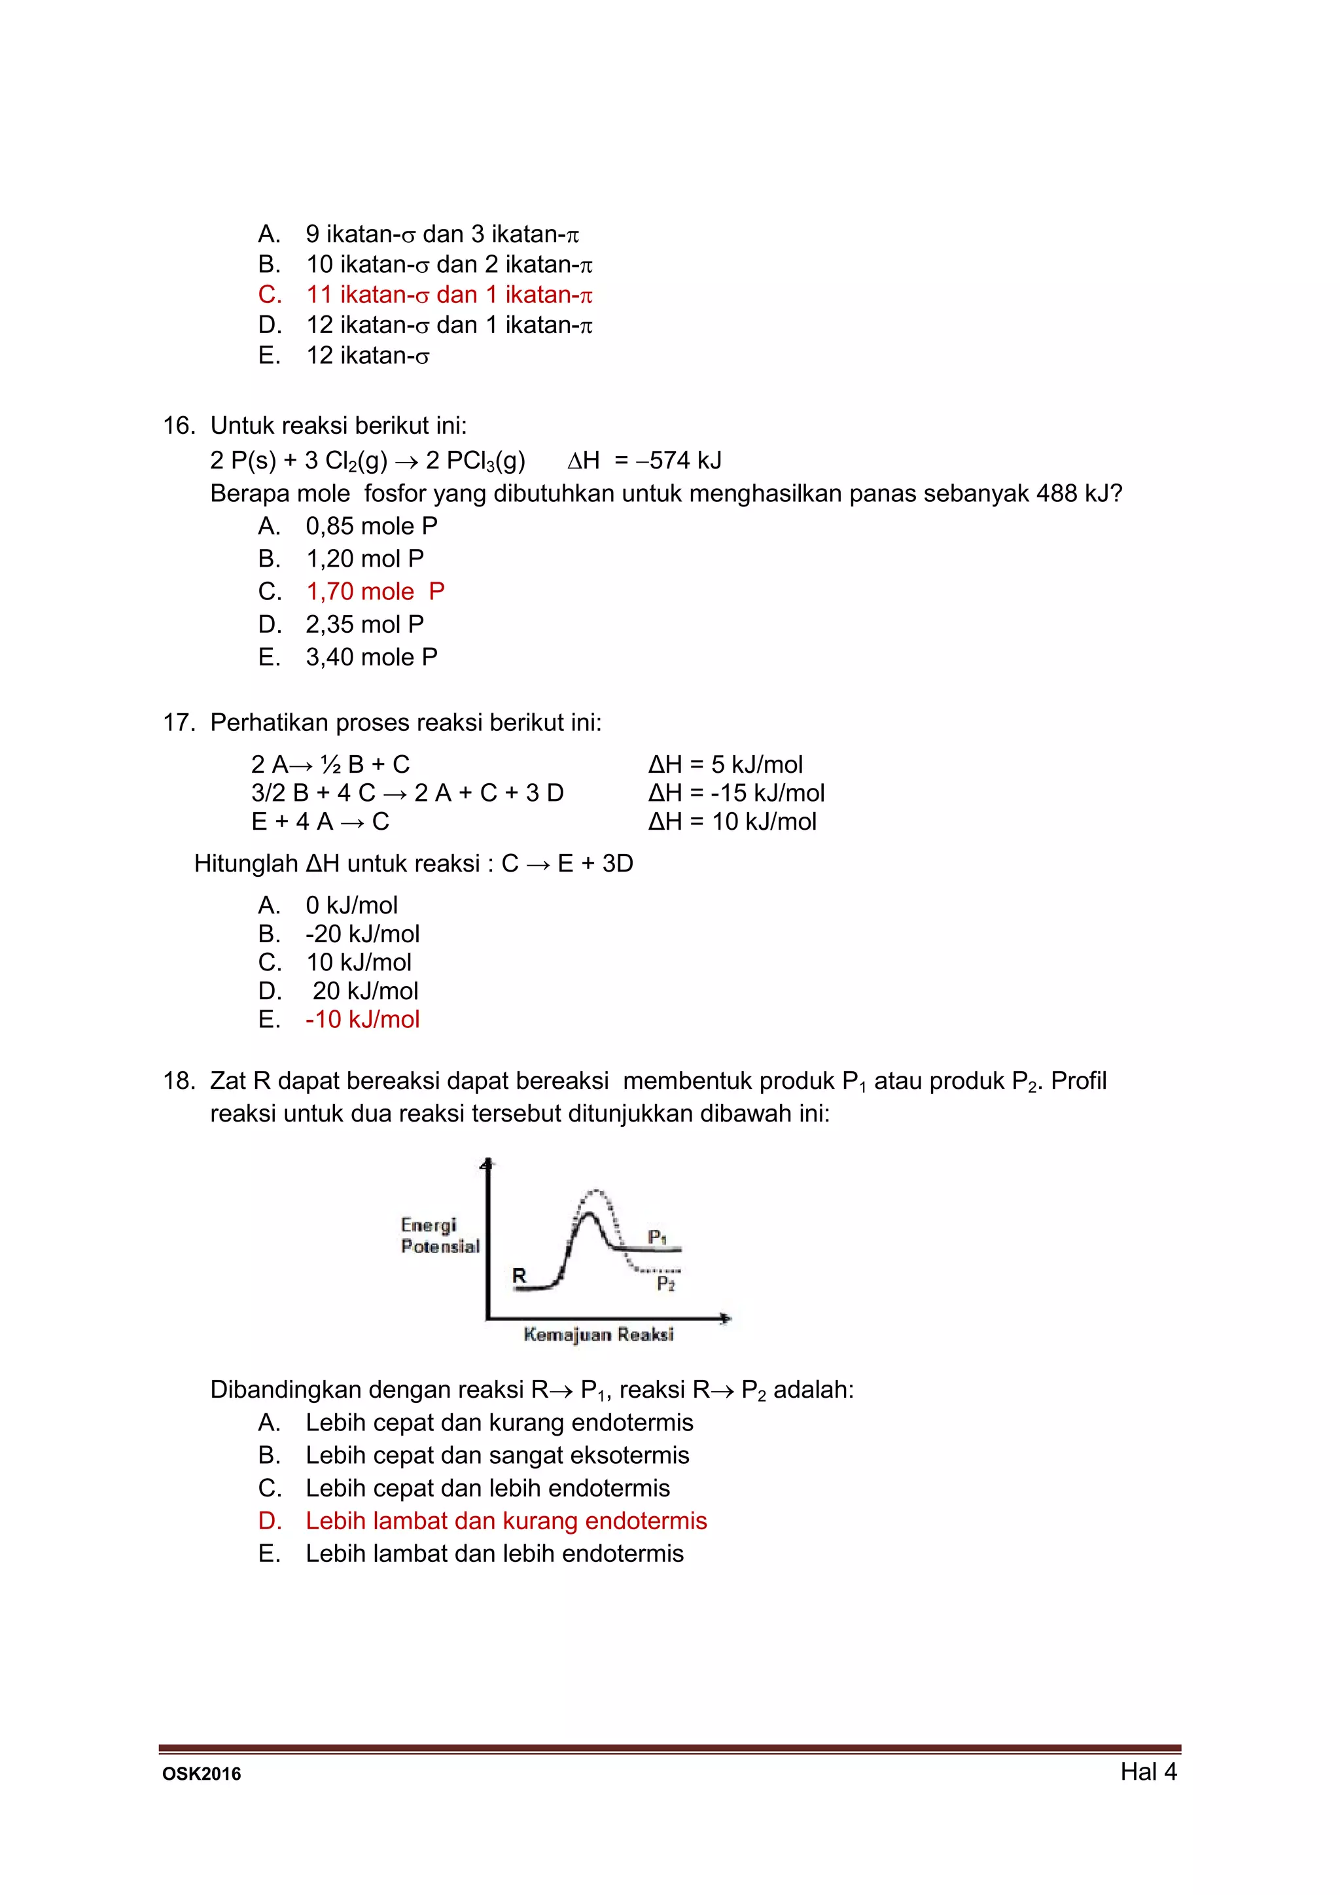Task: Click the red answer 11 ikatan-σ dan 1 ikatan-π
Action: pyautogui.click(x=449, y=294)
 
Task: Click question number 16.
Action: pyautogui.click(x=179, y=426)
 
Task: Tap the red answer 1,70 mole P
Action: pyautogui.click(x=375, y=592)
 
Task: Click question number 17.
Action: pyautogui.click(x=179, y=723)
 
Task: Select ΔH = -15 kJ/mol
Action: pyautogui.click(x=736, y=793)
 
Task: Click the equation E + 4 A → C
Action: pyautogui.click(x=320, y=822)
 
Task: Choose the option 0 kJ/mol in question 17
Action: pyautogui.click(x=351, y=906)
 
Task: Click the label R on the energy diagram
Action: pyautogui.click(x=519, y=1275)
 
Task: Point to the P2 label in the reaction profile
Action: pyautogui.click(x=665, y=1284)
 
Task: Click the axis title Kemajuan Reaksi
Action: pyautogui.click(x=598, y=1335)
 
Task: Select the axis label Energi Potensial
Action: pyautogui.click(x=440, y=1235)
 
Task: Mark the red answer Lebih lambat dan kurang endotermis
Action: pyautogui.click(x=506, y=1521)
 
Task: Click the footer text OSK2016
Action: pyautogui.click(x=202, y=1775)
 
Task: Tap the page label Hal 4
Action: pyautogui.click(x=1148, y=1771)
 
